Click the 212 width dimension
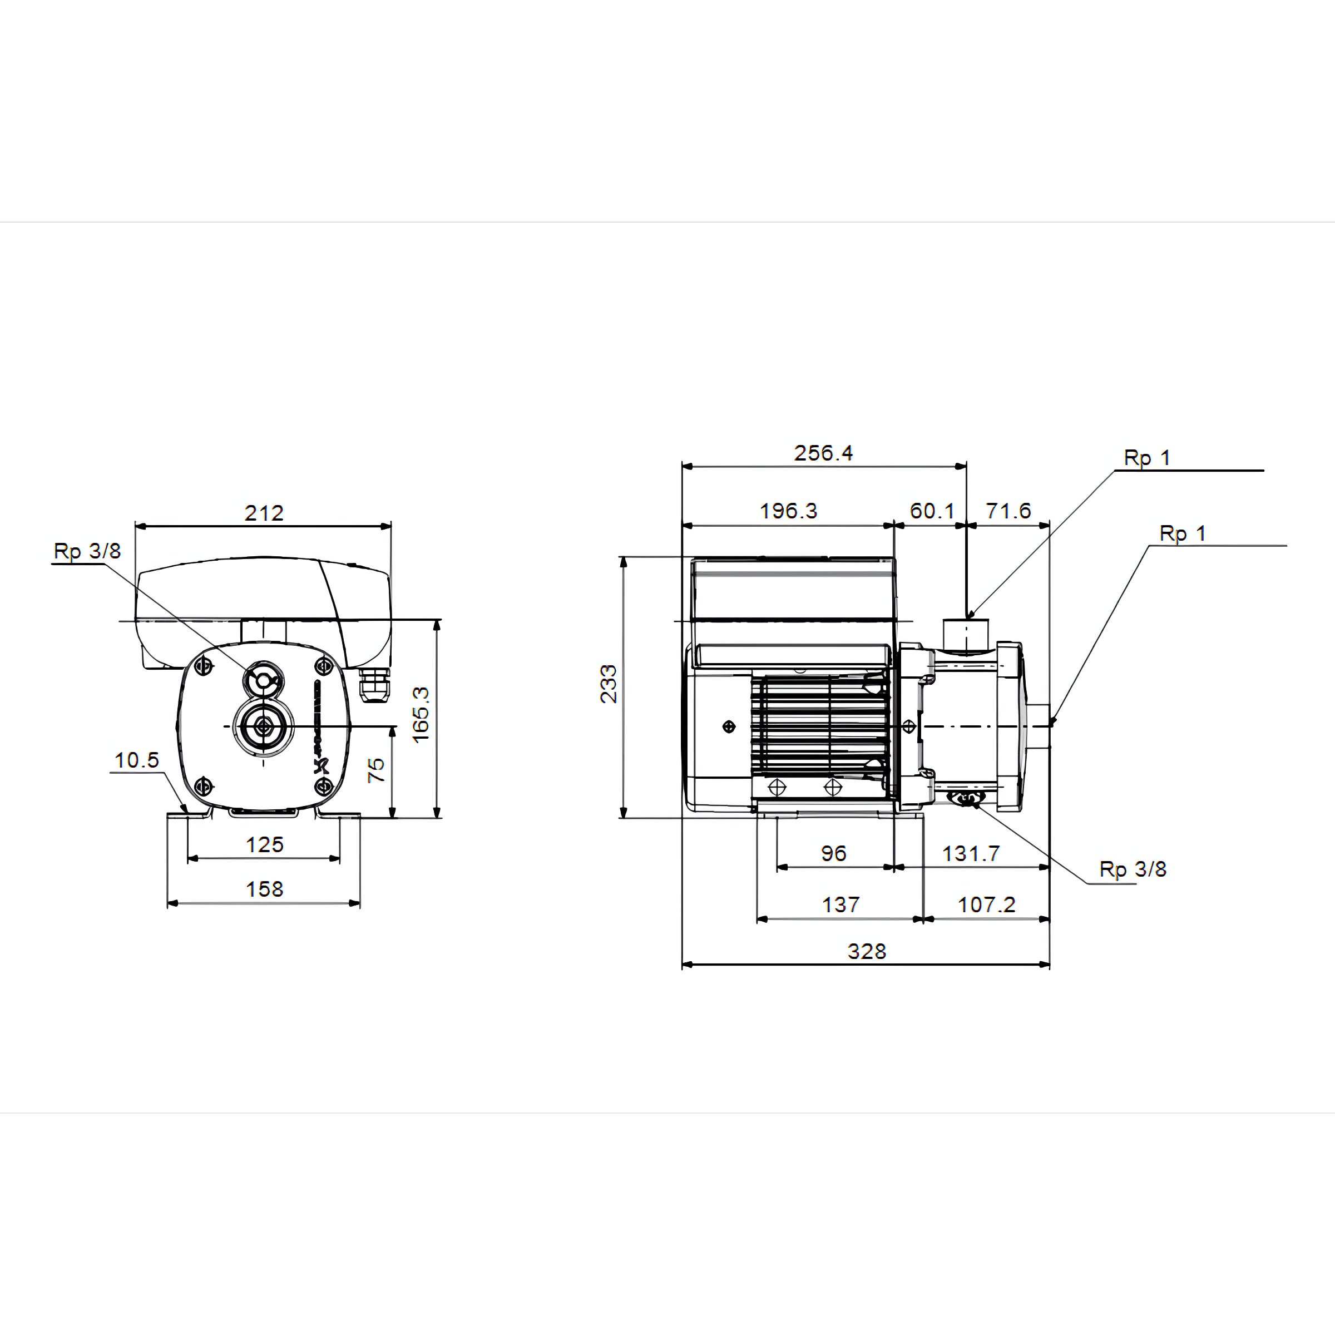tap(264, 513)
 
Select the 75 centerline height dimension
tap(376, 770)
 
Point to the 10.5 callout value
tap(137, 760)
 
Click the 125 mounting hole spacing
tap(265, 844)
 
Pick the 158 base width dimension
tap(265, 889)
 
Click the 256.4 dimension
tap(823, 453)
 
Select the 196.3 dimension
tap(788, 511)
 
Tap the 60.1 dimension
tap(932, 511)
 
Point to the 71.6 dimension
tap(1008, 511)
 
